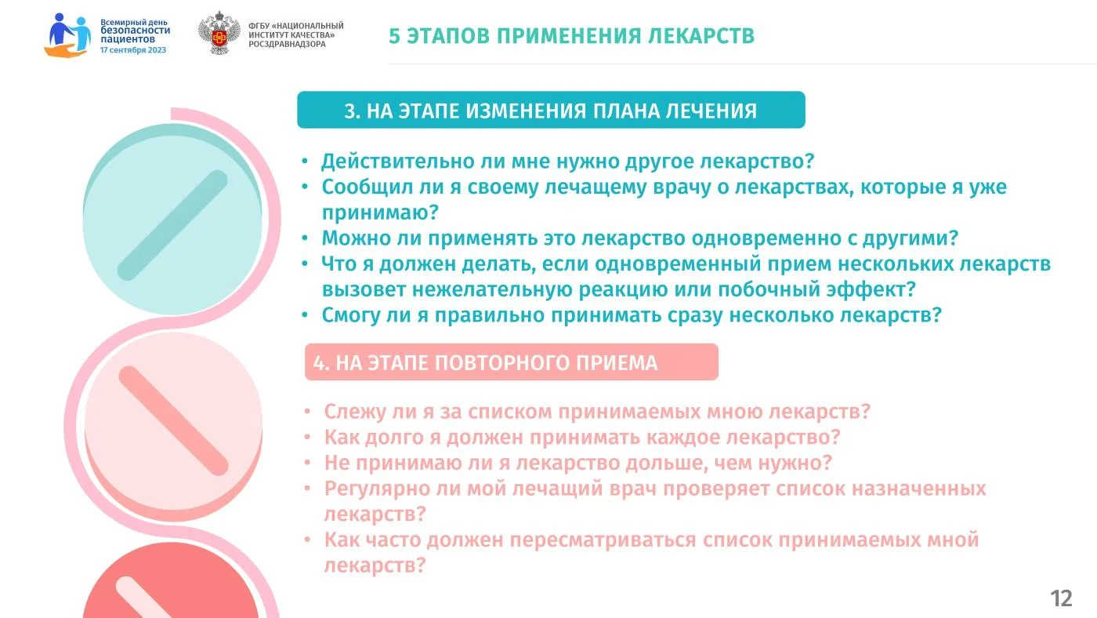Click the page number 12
[1061, 598]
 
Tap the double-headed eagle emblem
[219, 33]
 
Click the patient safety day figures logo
[67, 35]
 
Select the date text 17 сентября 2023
[133, 50]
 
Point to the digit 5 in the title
[394, 36]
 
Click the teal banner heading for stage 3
[551, 110]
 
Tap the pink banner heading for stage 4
[511, 362]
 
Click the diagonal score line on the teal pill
[172, 225]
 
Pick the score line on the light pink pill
[173, 420]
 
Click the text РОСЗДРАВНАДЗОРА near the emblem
[287, 44]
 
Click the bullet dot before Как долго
[307, 436]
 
